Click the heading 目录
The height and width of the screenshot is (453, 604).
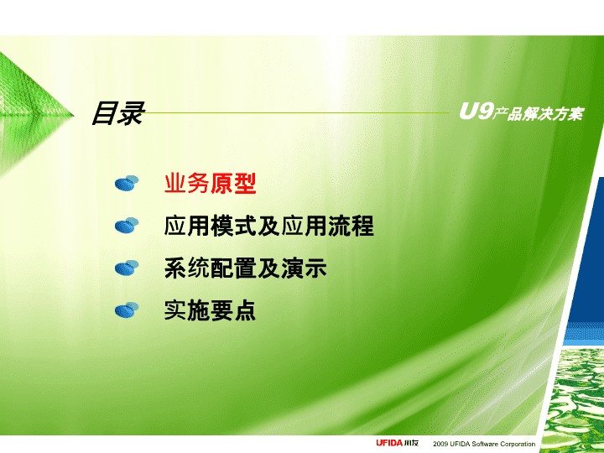point(118,113)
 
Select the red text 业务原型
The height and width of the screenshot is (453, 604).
point(211,183)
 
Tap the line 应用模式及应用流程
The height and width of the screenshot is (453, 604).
point(269,226)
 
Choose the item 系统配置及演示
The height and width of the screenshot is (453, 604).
point(245,268)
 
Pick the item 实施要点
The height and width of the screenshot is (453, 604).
point(210,310)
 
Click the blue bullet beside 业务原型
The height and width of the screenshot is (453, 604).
point(127,183)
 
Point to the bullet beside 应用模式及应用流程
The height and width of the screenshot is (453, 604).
point(127,226)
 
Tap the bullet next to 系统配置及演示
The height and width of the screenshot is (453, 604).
point(127,268)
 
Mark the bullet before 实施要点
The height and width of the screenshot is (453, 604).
point(127,310)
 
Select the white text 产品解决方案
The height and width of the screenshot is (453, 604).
point(539,114)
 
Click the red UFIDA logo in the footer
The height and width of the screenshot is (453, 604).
point(389,443)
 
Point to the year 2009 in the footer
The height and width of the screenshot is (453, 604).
point(440,444)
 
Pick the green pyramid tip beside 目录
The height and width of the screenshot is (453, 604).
point(72,114)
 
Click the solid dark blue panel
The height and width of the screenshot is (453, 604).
point(586,250)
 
